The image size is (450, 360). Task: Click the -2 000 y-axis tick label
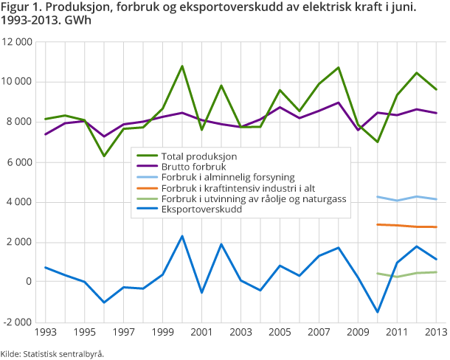click(18, 322)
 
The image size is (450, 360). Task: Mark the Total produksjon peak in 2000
click(181, 66)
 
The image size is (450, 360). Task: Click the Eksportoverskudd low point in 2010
click(378, 312)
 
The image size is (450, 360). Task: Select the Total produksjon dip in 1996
click(103, 156)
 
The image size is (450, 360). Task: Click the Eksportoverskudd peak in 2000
click(181, 236)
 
